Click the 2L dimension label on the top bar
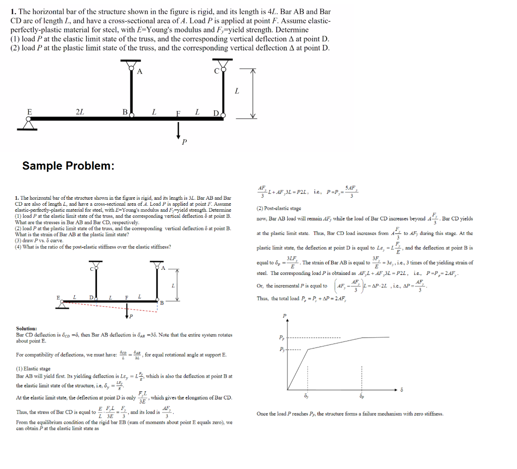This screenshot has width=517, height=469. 79,111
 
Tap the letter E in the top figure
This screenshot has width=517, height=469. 29,111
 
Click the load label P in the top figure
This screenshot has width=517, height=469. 184,143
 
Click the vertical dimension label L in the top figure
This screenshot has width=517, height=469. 237,91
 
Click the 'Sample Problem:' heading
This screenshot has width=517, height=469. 68,166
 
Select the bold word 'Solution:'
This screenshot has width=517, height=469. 26,328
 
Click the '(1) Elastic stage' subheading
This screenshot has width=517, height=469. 33,369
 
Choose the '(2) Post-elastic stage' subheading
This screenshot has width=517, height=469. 279,208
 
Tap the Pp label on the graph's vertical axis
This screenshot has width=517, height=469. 281,337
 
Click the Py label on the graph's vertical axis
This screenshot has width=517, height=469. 281,349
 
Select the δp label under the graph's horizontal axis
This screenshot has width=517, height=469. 361,396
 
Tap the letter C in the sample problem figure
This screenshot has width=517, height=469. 92,268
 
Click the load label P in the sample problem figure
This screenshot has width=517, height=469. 131,316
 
